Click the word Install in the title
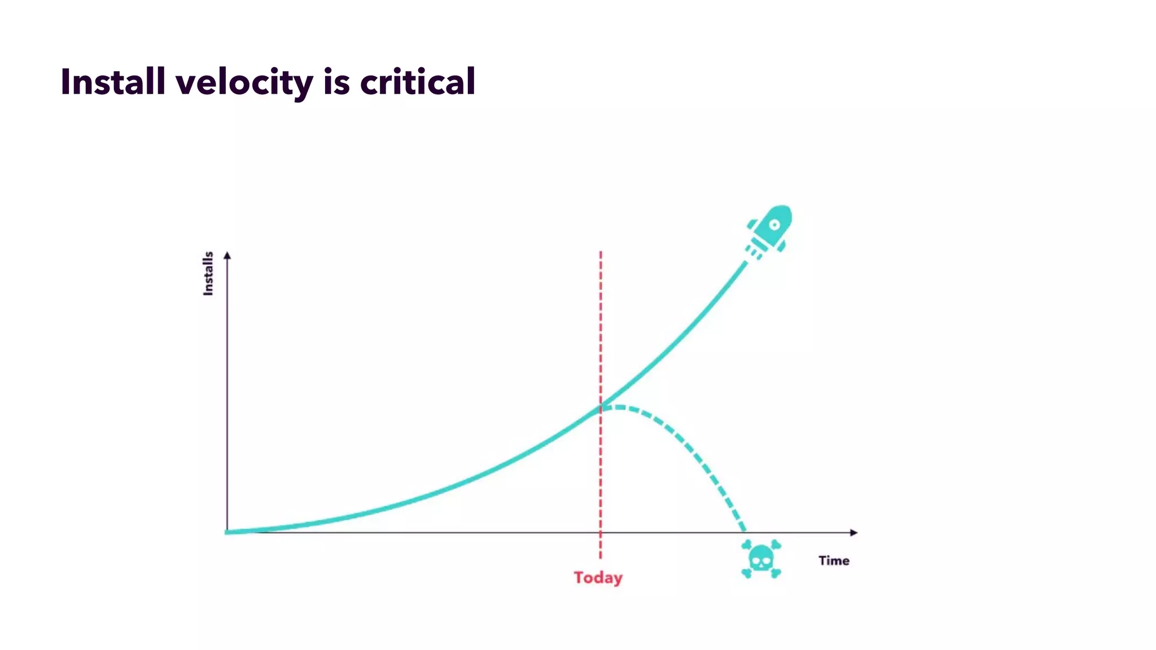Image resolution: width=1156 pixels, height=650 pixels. (x=112, y=82)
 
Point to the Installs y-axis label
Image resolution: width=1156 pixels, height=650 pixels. (x=208, y=273)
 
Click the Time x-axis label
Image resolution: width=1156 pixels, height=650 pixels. (x=834, y=560)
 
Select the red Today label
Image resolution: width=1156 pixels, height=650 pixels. (x=598, y=578)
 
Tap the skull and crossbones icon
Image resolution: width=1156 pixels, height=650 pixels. (x=761, y=559)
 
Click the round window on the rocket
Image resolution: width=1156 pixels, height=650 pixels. (x=775, y=225)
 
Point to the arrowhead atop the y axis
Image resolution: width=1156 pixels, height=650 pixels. (x=227, y=256)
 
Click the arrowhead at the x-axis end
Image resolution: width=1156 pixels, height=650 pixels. (x=853, y=532)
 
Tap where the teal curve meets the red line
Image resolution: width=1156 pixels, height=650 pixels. (x=601, y=407)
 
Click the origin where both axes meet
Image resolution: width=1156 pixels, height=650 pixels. (x=227, y=532)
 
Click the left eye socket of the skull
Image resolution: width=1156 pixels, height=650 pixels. (x=756, y=560)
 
